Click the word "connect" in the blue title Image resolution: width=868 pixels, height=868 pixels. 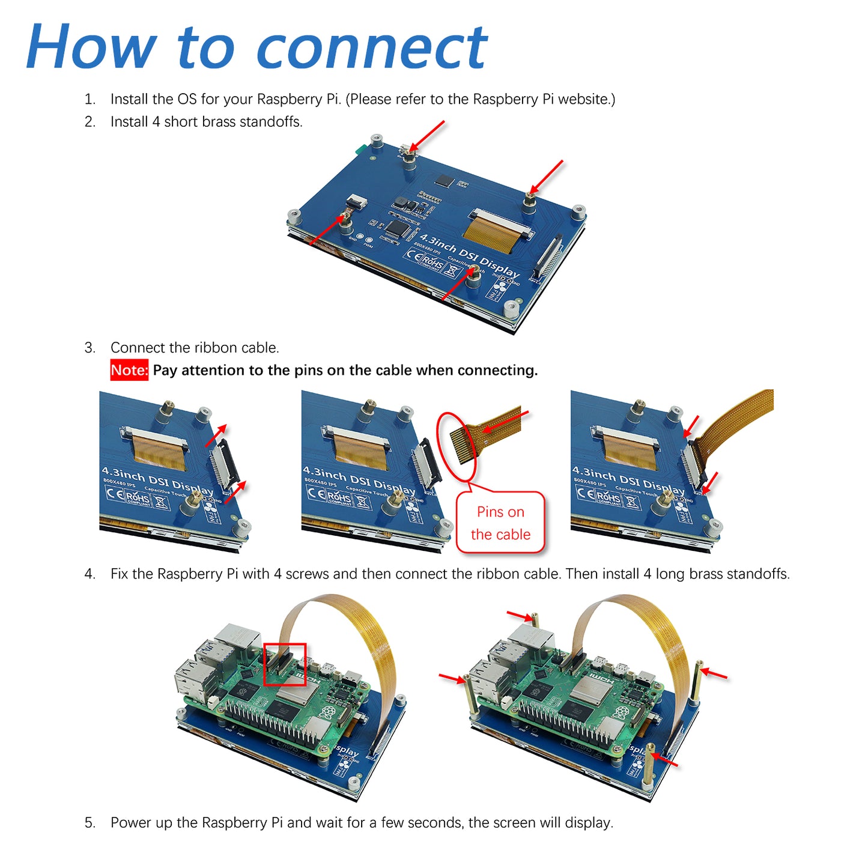coord(372,48)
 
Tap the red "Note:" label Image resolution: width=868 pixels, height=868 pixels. coord(129,370)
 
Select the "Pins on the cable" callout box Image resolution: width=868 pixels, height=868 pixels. coord(500,523)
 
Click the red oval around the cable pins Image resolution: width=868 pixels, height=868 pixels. coord(457,446)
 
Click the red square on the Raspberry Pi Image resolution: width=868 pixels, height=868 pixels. coord(285,664)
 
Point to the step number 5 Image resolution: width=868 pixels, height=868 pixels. coord(90,822)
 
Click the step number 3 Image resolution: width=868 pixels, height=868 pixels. coord(90,348)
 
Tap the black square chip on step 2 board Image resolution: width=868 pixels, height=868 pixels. coord(445,180)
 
